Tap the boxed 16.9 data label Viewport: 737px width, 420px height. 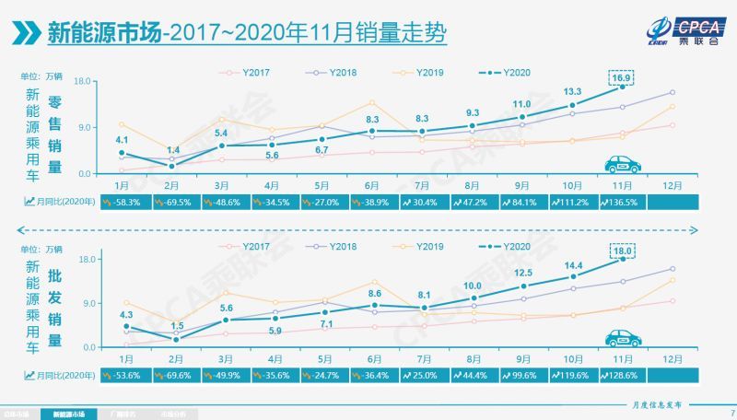[622, 78]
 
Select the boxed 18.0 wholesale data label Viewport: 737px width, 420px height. [622, 250]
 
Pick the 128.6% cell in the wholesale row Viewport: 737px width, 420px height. [622, 376]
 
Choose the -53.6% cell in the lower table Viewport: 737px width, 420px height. [121, 376]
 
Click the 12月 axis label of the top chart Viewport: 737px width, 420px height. [672, 184]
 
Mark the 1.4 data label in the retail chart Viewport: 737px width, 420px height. [172, 150]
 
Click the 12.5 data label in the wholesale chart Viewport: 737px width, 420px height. [522, 273]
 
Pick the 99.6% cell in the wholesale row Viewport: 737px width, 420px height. [522, 376]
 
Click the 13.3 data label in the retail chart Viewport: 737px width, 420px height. [572, 91]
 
